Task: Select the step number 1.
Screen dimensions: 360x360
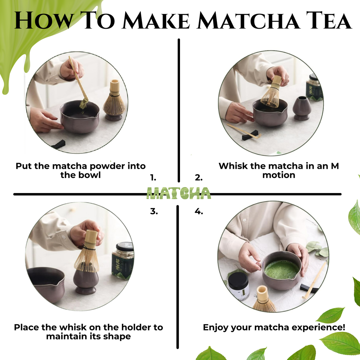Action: tap(153, 178)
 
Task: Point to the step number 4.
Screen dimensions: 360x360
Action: tap(199, 212)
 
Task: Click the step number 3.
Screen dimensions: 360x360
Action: tap(154, 212)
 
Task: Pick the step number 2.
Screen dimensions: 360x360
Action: tap(199, 178)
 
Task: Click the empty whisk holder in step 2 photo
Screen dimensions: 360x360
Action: tap(302, 108)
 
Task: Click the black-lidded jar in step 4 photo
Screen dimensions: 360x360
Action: tap(238, 285)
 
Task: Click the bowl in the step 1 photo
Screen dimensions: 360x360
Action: tap(79, 118)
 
